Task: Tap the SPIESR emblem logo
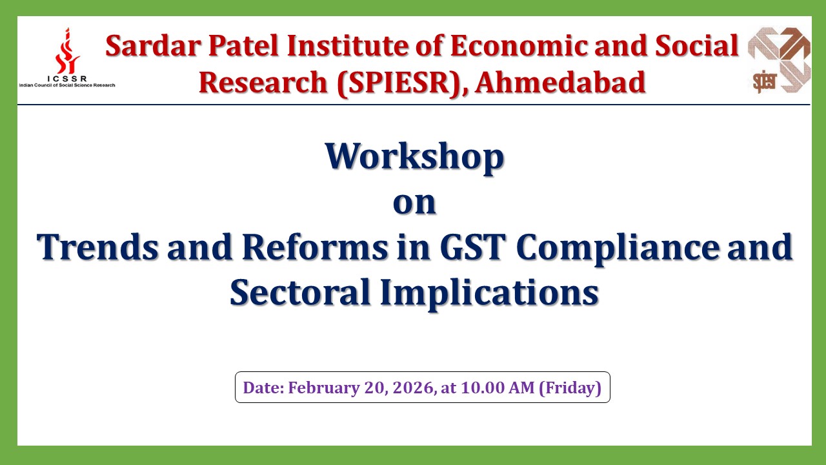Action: click(779, 60)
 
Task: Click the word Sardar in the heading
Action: click(154, 46)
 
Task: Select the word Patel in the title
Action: click(243, 46)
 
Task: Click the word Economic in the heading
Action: click(518, 46)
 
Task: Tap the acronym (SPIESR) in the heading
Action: click(399, 83)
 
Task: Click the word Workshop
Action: click(414, 156)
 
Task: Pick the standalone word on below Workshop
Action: click(414, 203)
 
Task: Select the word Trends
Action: click(97, 247)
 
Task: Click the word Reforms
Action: click(315, 247)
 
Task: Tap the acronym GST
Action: click(473, 247)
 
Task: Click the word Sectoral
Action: click(300, 293)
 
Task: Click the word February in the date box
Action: click(323, 388)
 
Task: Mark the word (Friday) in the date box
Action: click(570, 388)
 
